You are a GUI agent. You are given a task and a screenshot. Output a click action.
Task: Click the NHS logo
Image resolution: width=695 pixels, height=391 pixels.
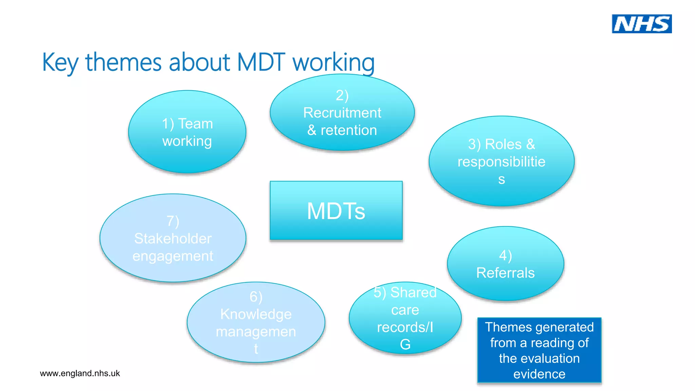pyautogui.click(x=641, y=24)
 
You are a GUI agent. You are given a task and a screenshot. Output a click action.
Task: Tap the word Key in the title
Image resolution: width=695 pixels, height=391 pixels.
pyautogui.click(x=60, y=63)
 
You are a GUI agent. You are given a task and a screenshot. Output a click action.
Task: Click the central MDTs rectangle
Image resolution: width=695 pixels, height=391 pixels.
pyautogui.click(x=336, y=210)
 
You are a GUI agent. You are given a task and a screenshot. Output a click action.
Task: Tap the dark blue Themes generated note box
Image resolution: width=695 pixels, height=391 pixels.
pyautogui.click(x=539, y=350)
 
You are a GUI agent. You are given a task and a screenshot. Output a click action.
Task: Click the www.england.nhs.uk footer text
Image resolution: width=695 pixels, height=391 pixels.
pyautogui.click(x=80, y=373)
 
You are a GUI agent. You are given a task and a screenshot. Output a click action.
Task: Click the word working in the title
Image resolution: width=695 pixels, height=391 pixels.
pyautogui.click(x=333, y=63)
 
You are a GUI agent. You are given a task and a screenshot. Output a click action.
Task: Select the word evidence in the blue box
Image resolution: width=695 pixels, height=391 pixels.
pyautogui.click(x=539, y=374)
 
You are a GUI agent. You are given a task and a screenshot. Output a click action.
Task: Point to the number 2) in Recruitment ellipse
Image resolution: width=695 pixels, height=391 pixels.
pyautogui.click(x=342, y=95)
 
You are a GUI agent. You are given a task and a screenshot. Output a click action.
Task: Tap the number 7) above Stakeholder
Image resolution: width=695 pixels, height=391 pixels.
pyautogui.click(x=173, y=221)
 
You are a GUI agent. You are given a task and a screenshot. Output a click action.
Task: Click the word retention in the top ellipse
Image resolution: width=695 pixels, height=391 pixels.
pyautogui.click(x=349, y=130)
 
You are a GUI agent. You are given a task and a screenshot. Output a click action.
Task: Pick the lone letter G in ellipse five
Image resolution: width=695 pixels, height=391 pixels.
pyautogui.click(x=405, y=345)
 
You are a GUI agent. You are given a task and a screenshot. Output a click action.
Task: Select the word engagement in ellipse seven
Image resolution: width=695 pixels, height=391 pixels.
pyautogui.click(x=173, y=256)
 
